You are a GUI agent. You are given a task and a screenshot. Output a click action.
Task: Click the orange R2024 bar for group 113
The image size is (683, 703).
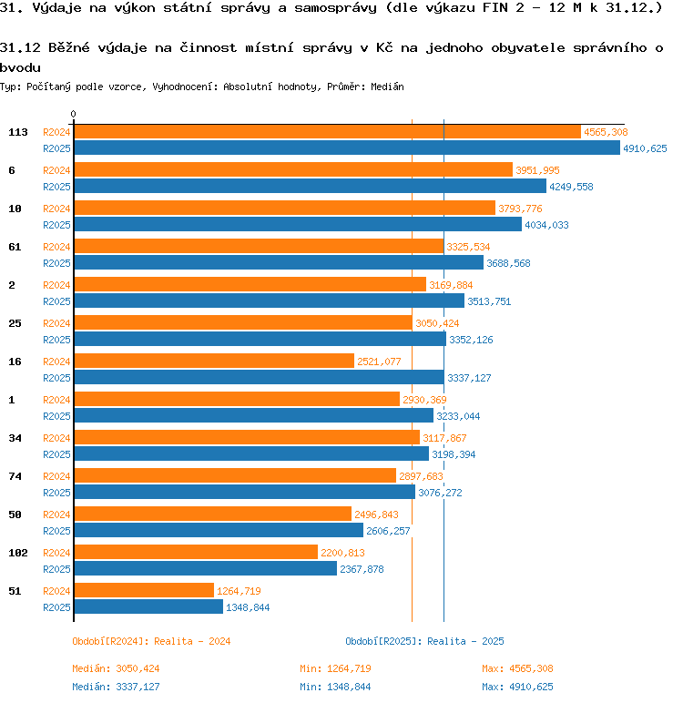tap(327, 132)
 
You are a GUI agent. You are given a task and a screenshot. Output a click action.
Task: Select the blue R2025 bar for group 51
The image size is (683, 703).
tap(148, 607)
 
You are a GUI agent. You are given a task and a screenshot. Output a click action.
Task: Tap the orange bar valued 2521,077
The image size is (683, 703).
tap(214, 361)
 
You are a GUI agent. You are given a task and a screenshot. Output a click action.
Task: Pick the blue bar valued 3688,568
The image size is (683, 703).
tap(279, 263)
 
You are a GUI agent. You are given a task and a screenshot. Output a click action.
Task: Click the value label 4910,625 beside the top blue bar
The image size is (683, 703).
tap(645, 148)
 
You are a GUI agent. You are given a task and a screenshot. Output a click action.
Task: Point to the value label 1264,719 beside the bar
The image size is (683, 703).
tap(239, 591)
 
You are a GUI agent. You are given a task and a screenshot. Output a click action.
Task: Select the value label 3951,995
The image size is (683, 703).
tap(537, 170)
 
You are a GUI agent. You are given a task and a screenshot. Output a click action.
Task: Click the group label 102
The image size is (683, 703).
tap(18, 553)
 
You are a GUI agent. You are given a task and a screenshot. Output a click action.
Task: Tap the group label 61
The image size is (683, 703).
tap(15, 247)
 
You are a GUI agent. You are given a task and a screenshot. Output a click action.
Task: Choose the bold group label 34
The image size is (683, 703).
tap(15, 438)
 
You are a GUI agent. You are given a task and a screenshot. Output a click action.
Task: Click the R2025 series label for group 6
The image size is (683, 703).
tap(56, 187)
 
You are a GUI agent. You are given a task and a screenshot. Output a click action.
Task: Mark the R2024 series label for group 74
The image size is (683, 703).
tap(56, 476)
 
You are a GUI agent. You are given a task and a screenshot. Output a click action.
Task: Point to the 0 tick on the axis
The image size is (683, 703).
tap(73, 114)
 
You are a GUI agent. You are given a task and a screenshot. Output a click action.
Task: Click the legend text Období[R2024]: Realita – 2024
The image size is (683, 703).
tap(151, 641)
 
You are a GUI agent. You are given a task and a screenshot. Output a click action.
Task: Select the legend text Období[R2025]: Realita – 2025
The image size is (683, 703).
tap(424, 641)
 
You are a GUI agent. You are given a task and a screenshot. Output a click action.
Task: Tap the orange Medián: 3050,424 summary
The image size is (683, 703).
tap(116, 668)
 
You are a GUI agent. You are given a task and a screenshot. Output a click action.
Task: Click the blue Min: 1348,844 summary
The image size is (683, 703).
tap(335, 687)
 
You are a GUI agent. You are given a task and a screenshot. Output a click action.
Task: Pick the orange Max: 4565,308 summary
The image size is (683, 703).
tap(517, 668)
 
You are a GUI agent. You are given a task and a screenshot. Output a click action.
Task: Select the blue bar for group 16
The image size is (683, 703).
tap(260, 378)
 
